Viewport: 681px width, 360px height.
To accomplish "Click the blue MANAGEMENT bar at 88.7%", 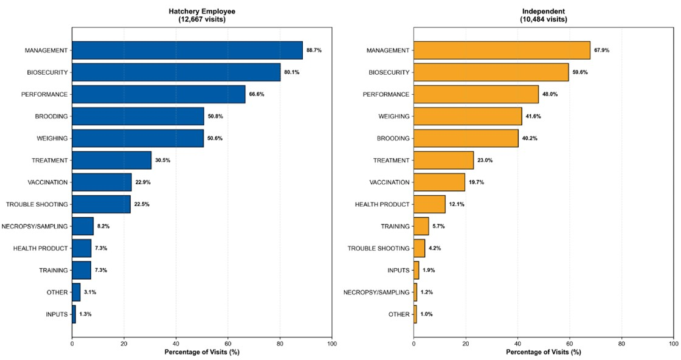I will point(187,50).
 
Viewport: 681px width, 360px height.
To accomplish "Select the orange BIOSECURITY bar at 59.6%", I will point(491,72).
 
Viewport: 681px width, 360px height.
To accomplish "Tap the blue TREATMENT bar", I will point(112,161).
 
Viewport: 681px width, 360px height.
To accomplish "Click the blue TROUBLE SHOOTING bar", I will point(102,204).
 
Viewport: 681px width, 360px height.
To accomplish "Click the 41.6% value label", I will point(534,116).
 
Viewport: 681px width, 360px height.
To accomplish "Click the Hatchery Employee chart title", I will point(202,12).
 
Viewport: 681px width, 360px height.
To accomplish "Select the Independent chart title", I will point(544,12).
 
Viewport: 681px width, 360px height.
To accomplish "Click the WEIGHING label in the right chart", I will point(393,116).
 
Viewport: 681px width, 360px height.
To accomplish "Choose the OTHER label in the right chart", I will point(399,314).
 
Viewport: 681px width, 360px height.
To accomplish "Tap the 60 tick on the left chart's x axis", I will point(228,344).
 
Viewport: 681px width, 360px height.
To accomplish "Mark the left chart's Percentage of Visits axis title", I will point(202,353).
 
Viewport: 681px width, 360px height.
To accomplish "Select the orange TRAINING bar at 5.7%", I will point(421,226).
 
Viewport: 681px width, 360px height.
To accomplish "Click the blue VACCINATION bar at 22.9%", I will point(102,182).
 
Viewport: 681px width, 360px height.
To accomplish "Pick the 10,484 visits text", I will point(544,19).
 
